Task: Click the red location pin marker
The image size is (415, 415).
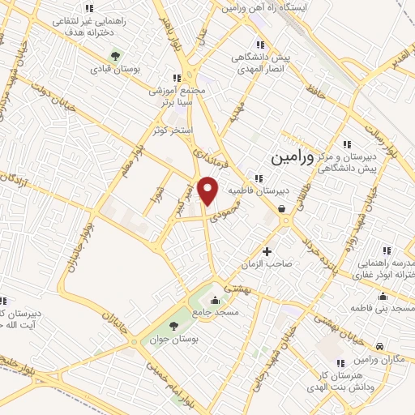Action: pyautogui.click(x=209, y=191)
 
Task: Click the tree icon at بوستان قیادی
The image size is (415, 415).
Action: pyautogui.click(x=115, y=57)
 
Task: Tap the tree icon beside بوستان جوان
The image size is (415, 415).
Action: pyautogui.click(x=150, y=324)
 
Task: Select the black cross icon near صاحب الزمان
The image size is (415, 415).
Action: pyautogui.click(x=267, y=250)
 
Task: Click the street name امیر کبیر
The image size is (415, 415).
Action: pyautogui.click(x=187, y=195)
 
